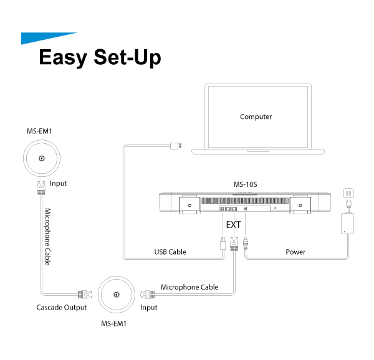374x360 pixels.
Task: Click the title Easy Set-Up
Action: (x=100, y=57)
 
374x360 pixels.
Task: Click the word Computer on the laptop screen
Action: (x=256, y=116)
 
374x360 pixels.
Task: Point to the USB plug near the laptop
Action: (x=176, y=146)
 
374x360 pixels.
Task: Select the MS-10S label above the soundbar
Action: (x=246, y=185)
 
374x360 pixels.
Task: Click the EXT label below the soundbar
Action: (x=233, y=224)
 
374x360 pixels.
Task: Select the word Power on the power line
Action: (x=295, y=252)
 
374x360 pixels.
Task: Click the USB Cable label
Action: (x=170, y=252)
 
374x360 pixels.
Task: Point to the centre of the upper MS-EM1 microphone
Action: (x=42, y=159)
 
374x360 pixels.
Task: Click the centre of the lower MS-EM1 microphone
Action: (x=115, y=296)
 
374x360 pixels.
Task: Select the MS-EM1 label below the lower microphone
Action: (x=115, y=324)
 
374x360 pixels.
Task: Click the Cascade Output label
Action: (x=62, y=308)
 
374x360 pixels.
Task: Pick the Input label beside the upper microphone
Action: (x=58, y=184)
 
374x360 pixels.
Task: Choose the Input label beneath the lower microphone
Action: (x=149, y=308)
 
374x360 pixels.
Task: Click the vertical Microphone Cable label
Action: (x=47, y=237)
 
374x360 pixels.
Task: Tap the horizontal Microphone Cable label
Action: (x=189, y=287)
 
